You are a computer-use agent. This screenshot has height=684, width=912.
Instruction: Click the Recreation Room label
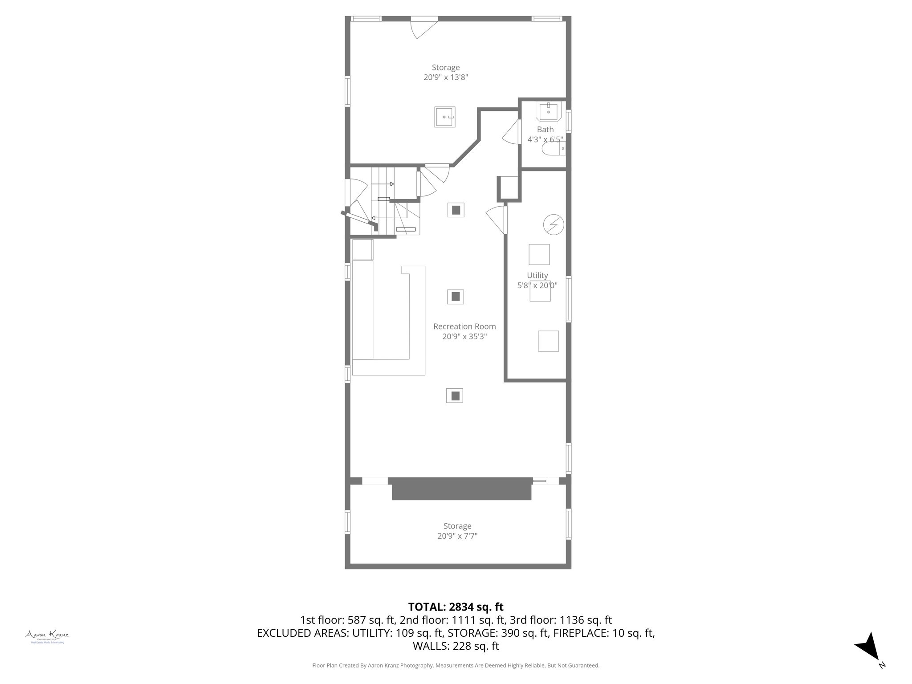(x=464, y=326)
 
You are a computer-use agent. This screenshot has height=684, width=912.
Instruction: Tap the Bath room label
(x=545, y=130)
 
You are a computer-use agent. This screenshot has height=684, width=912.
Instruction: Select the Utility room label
(x=537, y=275)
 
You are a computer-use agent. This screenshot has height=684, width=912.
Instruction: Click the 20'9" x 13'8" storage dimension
(x=445, y=77)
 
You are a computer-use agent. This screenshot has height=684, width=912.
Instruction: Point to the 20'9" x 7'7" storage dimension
(x=457, y=536)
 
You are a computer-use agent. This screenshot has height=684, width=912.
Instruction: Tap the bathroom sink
(x=549, y=112)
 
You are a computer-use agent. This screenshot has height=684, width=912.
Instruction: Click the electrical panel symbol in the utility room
(x=554, y=224)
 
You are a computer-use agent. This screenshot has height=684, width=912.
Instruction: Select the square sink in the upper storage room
(x=445, y=117)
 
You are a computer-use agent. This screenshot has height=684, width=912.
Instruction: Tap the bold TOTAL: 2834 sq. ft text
(x=456, y=607)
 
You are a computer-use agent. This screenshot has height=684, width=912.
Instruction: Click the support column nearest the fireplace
(x=455, y=395)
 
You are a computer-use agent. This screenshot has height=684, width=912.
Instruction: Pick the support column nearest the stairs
(x=456, y=210)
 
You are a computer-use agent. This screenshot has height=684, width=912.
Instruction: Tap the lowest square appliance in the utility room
(x=548, y=341)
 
